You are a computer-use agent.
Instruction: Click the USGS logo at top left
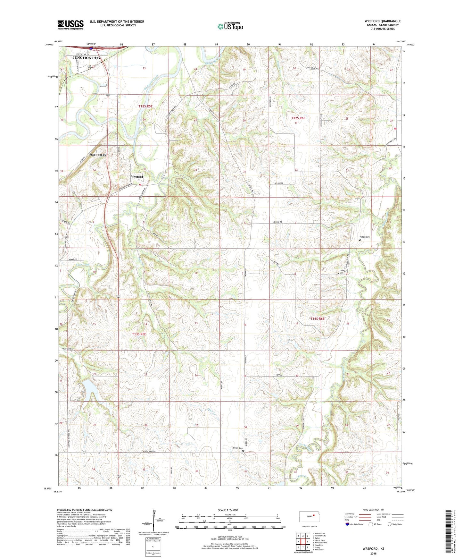[x=70, y=25]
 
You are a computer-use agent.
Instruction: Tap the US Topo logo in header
[x=230, y=26]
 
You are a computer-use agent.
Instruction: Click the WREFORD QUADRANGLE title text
[x=383, y=21]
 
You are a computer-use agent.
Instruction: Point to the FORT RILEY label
[x=98, y=155]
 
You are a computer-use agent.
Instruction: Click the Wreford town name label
[x=137, y=177]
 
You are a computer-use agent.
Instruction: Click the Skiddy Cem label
[x=237, y=448]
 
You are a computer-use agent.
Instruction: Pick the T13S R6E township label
[x=318, y=318]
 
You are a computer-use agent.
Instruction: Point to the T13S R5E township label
[x=139, y=334]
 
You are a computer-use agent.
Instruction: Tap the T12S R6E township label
[x=298, y=118]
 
